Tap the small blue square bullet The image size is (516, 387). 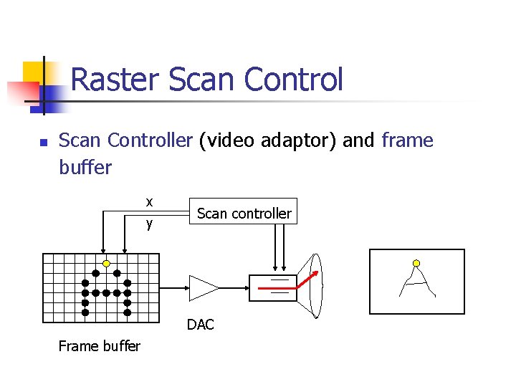point(42,143)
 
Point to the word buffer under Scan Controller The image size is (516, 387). point(85,168)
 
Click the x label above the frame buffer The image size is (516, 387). point(149,202)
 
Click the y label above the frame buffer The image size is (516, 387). point(149,224)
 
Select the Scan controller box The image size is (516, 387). point(244,213)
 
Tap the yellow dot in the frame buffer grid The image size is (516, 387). point(106,263)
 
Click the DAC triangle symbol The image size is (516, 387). point(202,288)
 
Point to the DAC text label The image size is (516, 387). point(201,325)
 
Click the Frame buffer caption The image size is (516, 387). point(99,346)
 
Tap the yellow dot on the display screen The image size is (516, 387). point(416,263)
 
